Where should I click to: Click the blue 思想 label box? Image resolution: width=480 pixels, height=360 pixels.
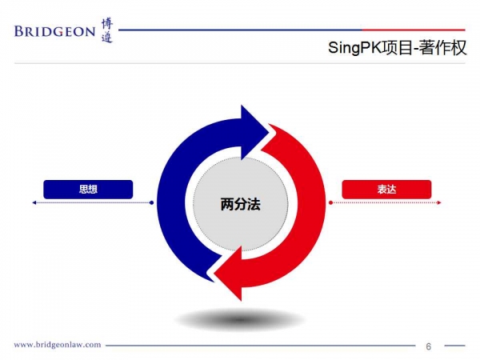[x=88, y=189]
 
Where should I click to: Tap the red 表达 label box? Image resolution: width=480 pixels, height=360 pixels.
[x=386, y=189]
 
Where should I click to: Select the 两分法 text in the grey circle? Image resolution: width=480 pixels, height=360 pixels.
[x=241, y=204]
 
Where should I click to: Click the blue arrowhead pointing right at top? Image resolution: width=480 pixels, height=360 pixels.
[x=254, y=132]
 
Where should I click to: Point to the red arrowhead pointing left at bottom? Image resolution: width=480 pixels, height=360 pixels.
[x=228, y=273]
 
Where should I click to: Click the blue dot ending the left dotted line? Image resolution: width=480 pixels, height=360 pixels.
[x=151, y=202]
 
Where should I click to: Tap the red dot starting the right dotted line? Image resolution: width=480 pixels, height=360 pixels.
[x=330, y=202]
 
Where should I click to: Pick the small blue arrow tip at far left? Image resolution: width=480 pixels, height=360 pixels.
[x=34, y=202]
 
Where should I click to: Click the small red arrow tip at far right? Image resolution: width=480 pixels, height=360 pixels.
[x=439, y=202]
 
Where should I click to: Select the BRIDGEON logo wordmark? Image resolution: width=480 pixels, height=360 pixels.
[x=54, y=31]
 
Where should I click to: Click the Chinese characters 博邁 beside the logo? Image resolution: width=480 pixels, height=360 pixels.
[x=107, y=30]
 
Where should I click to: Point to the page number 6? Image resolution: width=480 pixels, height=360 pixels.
[x=429, y=346]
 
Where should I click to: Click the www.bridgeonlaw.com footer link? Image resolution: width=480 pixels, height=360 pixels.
[x=58, y=345]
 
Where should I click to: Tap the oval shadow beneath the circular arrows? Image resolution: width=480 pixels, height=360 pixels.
[x=240, y=320]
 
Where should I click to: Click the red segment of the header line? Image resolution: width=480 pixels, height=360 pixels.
[x=414, y=30]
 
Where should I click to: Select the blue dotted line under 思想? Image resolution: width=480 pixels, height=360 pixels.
[x=93, y=202]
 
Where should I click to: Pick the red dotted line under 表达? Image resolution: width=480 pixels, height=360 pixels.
[x=385, y=202]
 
